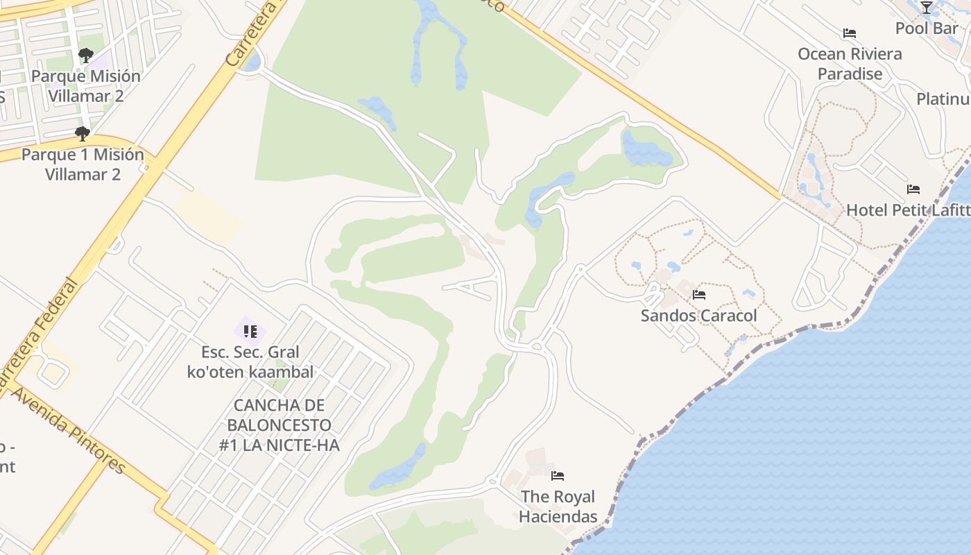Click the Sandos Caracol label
[x=698, y=316]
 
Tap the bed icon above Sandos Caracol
[x=699, y=295]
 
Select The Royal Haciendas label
[x=558, y=506]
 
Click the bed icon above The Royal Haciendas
[x=558, y=476]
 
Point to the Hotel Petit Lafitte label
[x=907, y=210]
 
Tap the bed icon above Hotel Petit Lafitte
[x=913, y=189]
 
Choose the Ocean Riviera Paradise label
[x=850, y=64]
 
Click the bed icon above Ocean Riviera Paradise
[x=850, y=33]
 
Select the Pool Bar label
[x=927, y=28]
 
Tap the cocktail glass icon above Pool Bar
[x=927, y=8]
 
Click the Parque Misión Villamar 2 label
[x=86, y=86]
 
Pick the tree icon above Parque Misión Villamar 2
[x=86, y=55]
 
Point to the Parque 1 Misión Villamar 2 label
[x=83, y=164]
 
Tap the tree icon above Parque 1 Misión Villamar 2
[x=83, y=134]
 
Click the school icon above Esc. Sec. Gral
[x=250, y=332]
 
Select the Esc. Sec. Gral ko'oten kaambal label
[x=250, y=361]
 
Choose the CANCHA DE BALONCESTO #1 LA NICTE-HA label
[x=280, y=425]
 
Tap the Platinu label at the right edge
[x=943, y=99]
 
